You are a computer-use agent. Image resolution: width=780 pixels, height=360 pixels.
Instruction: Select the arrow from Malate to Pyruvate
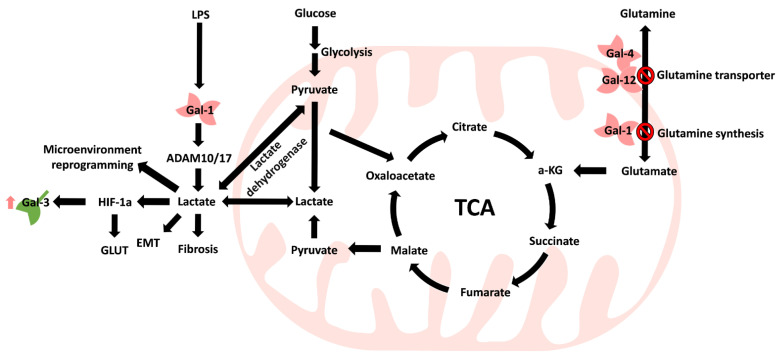(365, 248)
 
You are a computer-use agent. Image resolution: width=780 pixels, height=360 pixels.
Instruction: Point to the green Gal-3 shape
(31, 204)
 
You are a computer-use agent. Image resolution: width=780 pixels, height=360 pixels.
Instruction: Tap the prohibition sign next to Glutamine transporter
(648, 73)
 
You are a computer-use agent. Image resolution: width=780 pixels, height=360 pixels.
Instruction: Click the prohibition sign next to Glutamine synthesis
(648, 131)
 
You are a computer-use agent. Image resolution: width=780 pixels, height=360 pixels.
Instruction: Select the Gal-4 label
(616, 53)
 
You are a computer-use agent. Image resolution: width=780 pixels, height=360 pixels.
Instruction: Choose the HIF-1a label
(118, 202)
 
